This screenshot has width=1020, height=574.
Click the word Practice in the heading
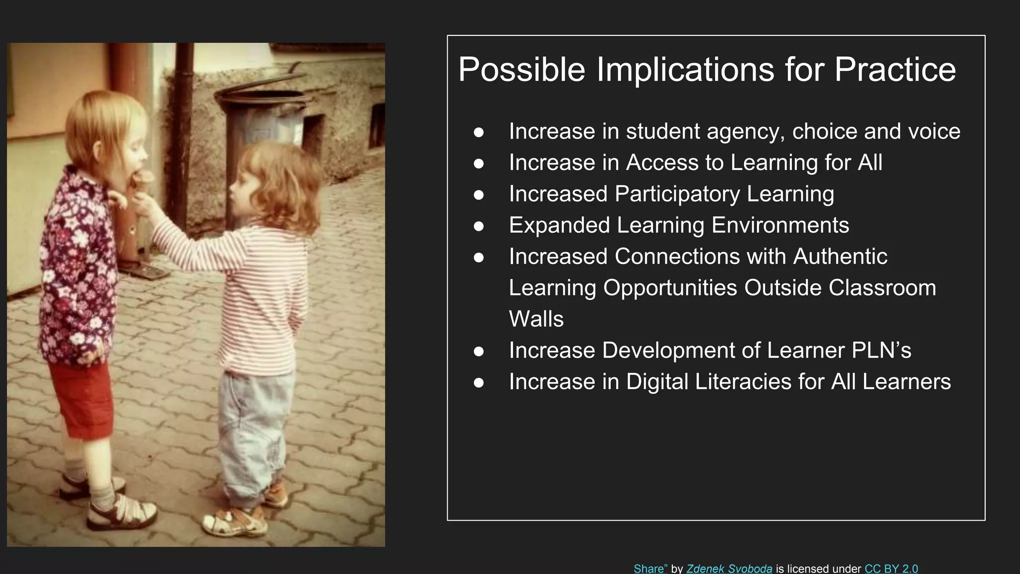pos(895,69)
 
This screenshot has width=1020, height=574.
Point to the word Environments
pos(780,225)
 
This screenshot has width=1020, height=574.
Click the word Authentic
pos(840,257)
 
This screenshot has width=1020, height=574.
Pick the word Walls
pos(536,319)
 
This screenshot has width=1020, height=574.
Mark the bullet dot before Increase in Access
pos(479,163)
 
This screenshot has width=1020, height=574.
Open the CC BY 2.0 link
pos(891,569)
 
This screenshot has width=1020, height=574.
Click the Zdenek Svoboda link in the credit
pos(729,569)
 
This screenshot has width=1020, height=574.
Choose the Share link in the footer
pos(650,569)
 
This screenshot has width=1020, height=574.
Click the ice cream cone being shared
pos(144,179)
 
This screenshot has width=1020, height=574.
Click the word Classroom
pos(882,288)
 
